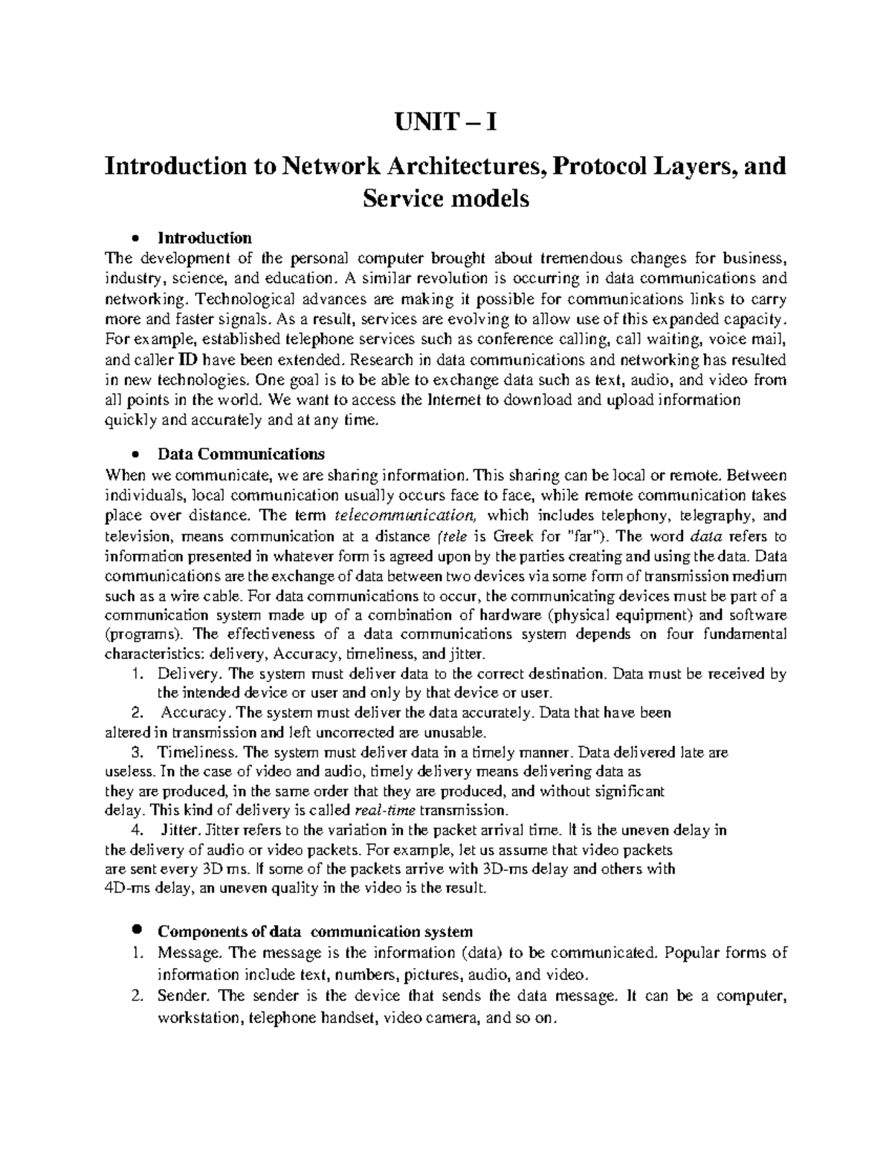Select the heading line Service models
445,199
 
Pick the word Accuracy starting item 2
196,713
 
